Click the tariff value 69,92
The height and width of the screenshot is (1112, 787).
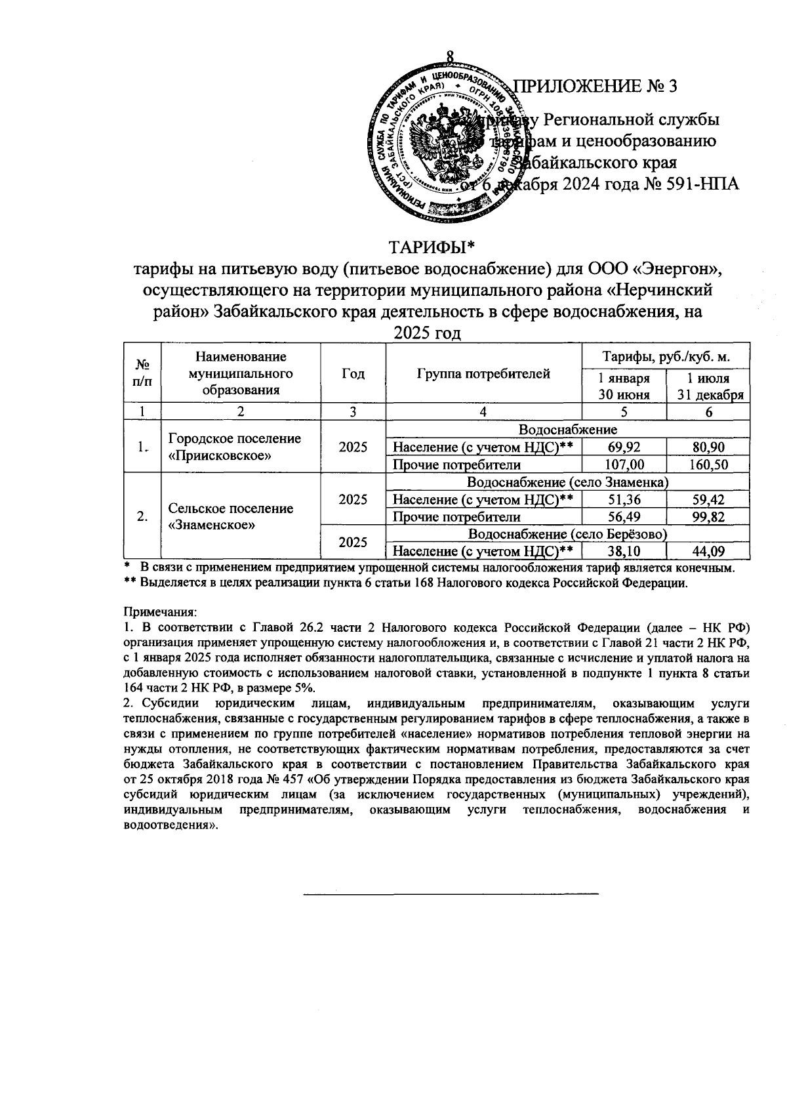624,447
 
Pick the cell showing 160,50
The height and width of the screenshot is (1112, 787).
708,465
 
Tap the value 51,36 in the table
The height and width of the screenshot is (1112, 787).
624,500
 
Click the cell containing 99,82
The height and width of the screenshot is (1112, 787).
708,517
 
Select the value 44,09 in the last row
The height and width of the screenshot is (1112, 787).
708,551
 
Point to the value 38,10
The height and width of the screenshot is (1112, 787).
624,551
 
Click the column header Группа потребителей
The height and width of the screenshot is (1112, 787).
483,375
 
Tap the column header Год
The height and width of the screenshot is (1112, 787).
353,375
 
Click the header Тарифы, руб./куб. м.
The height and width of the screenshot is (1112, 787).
666,357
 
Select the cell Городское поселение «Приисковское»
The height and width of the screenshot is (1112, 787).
234,447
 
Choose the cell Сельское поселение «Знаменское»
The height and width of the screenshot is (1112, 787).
231,516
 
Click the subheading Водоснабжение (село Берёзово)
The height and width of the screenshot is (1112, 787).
568,534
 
